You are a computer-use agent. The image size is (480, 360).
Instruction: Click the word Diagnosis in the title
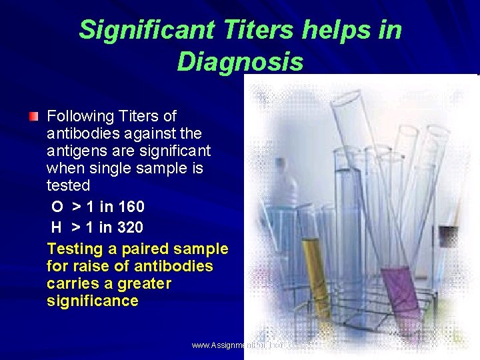[x=240, y=62]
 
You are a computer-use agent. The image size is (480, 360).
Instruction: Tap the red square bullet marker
[x=33, y=117]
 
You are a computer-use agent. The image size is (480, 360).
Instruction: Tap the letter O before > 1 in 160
[x=57, y=207]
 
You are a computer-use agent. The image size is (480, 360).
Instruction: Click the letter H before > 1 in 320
[x=57, y=227]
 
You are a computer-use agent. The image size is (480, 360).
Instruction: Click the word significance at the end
[x=93, y=301]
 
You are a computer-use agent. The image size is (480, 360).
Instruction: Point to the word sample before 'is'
[x=166, y=169]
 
